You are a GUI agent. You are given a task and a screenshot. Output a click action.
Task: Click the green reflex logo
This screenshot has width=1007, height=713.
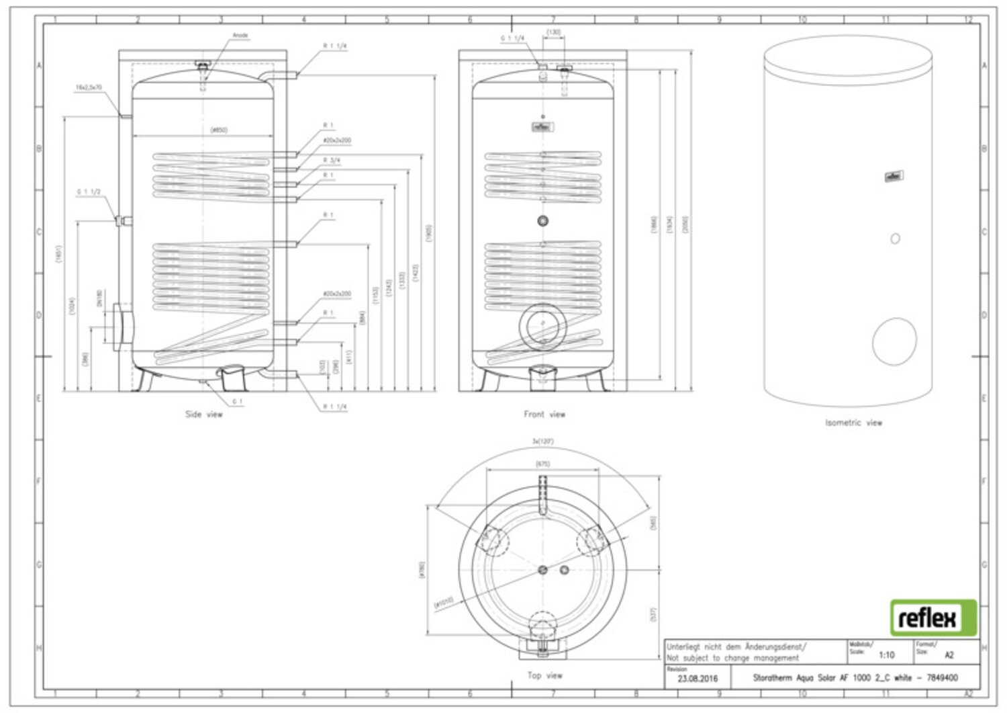tap(933, 618)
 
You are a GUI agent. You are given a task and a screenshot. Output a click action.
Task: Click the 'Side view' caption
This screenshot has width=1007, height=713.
tap(204, 415)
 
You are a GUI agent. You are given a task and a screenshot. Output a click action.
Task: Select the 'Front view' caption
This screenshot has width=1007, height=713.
tap(544, 415)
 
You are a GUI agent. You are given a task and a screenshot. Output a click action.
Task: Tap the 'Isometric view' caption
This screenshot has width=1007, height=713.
tap(853, 423)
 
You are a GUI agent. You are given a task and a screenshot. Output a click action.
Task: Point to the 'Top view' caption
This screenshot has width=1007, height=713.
tap(544, 675)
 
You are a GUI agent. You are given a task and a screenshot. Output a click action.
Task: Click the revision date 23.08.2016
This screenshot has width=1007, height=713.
tap(698, 679)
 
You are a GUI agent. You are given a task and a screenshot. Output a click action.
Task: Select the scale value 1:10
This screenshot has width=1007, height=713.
tap(886, 655)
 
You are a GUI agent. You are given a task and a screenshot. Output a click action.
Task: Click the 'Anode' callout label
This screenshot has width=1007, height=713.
tap(240, 36)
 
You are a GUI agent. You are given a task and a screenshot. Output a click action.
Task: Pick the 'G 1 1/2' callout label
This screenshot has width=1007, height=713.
tap(89, 192)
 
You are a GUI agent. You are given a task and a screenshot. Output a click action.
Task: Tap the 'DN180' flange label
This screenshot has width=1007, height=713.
tap(99, 298)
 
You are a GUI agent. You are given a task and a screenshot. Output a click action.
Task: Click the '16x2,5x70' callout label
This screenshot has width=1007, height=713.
tap(89, 87)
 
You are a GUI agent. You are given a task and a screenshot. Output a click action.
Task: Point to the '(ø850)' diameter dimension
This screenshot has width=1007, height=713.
tap(219, 130)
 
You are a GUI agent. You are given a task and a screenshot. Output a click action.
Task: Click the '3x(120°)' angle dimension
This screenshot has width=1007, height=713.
tap(543, 442)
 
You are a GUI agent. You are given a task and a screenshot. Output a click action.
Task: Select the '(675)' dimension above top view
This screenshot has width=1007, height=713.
tap(543, 464)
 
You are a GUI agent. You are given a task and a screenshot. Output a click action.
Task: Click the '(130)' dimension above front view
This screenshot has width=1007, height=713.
tap(554, 32)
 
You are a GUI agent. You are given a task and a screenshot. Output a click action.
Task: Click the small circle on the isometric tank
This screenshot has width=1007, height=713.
tap(895, 239)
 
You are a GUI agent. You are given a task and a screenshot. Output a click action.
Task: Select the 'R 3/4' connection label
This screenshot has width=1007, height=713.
tap(332, 160)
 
